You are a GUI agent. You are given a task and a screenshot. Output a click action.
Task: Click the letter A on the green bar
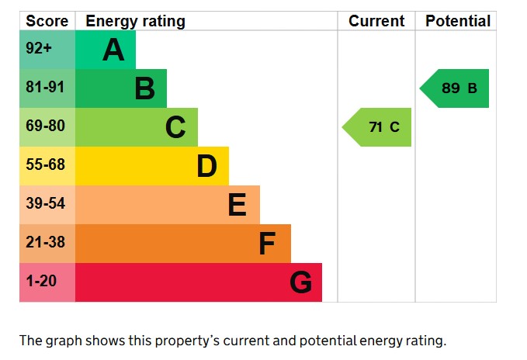tap(113, 50)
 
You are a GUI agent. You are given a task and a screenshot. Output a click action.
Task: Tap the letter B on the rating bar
tap(144, 88)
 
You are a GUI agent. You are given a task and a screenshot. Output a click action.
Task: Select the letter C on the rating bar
tap(175, 127)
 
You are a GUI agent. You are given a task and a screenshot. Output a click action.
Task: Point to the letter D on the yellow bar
tap(206, 166)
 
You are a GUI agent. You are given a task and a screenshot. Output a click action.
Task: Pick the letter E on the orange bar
tap(237, 205)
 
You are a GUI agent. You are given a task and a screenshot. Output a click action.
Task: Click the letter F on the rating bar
tap(267, 244)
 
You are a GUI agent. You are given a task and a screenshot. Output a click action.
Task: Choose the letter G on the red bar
tap(300, 282)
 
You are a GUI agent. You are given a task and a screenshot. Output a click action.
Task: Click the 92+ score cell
tap(39, 49)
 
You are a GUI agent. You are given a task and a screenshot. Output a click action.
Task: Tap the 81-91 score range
tap(45, 88)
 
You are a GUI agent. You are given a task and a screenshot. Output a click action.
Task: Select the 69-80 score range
tap(45, 126)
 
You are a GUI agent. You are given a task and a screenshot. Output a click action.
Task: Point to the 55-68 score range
tap(45, 165)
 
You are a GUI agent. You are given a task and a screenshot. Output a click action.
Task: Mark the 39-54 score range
tap(45, 204)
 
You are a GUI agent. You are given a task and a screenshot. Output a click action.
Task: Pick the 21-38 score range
tap(45, 243)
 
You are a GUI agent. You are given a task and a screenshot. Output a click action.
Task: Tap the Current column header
tap(376, 21)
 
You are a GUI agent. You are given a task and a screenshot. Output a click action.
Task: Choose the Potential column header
tap(457, 21)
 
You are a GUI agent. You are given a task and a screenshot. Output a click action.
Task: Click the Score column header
tap(47, 21)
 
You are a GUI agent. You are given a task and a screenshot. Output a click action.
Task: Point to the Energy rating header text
tap(135, 21)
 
